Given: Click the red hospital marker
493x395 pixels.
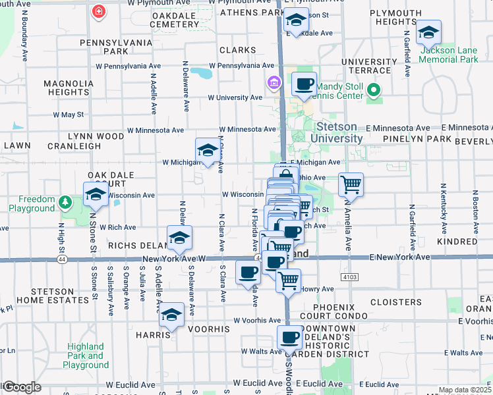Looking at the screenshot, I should (x=99, y=11).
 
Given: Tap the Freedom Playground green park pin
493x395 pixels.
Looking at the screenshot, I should (x=65, y=201).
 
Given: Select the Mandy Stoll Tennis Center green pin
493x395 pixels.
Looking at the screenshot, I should (x=374, y=91).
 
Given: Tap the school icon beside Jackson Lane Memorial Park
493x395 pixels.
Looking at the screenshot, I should (x=428, y=32).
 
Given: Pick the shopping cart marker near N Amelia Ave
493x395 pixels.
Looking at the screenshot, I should (x=351, y=185).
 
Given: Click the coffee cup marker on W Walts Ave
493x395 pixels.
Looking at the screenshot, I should (x=289, y=338).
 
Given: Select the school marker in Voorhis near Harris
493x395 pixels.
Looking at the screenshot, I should (x=172, y=315).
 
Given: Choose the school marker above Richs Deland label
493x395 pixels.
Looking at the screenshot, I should (x=179, y=239).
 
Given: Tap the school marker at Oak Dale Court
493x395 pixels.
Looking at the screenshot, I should (x=96, y=194).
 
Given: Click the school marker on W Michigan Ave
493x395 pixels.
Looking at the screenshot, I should (x=208, y=151).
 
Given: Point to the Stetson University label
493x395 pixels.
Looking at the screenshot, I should (x=339, y=132).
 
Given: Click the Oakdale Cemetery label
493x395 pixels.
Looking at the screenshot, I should (x=174, y=20).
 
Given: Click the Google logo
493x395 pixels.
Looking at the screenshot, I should (x=21, y=387).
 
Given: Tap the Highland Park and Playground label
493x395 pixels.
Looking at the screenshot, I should (x=86, y=355).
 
